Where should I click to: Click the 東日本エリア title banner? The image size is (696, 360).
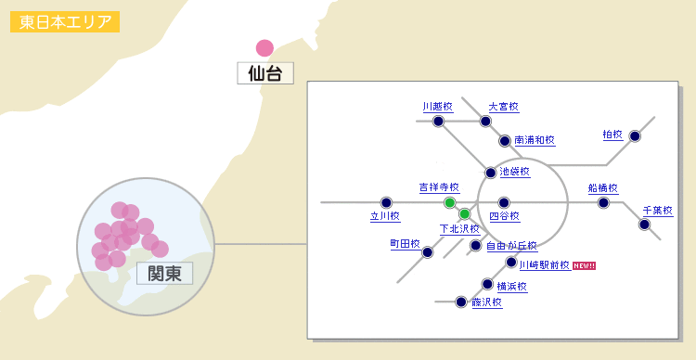pos(64,22)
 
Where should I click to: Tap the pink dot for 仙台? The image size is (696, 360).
pos(264,47)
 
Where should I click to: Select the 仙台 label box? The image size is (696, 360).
pos(265,72)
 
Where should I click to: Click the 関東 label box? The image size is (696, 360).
pos(164,273)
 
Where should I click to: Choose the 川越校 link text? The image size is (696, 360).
pos(436,107)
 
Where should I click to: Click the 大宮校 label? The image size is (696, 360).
pos(503,107)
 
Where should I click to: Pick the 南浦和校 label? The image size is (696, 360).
pos(534,140)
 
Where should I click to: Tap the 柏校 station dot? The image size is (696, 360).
pos(635,135)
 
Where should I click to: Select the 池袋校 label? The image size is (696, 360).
pos(514,172)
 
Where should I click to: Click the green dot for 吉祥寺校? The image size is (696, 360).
pos(449,202)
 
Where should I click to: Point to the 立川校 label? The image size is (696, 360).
pos(384,216)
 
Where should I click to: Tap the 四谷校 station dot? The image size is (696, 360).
pos(504,202)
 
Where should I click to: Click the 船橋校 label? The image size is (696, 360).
pos(602,187)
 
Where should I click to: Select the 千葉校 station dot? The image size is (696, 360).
pos(644,224)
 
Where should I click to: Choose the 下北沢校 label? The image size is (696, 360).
pos(458,228)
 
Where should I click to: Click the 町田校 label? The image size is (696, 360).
pos(405,243)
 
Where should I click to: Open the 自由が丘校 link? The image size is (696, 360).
pos(511,246)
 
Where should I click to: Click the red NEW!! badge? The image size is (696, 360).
pos(584,265)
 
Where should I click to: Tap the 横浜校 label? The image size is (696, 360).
pos(511,286)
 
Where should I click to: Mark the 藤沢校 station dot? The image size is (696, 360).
pos(460,302)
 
